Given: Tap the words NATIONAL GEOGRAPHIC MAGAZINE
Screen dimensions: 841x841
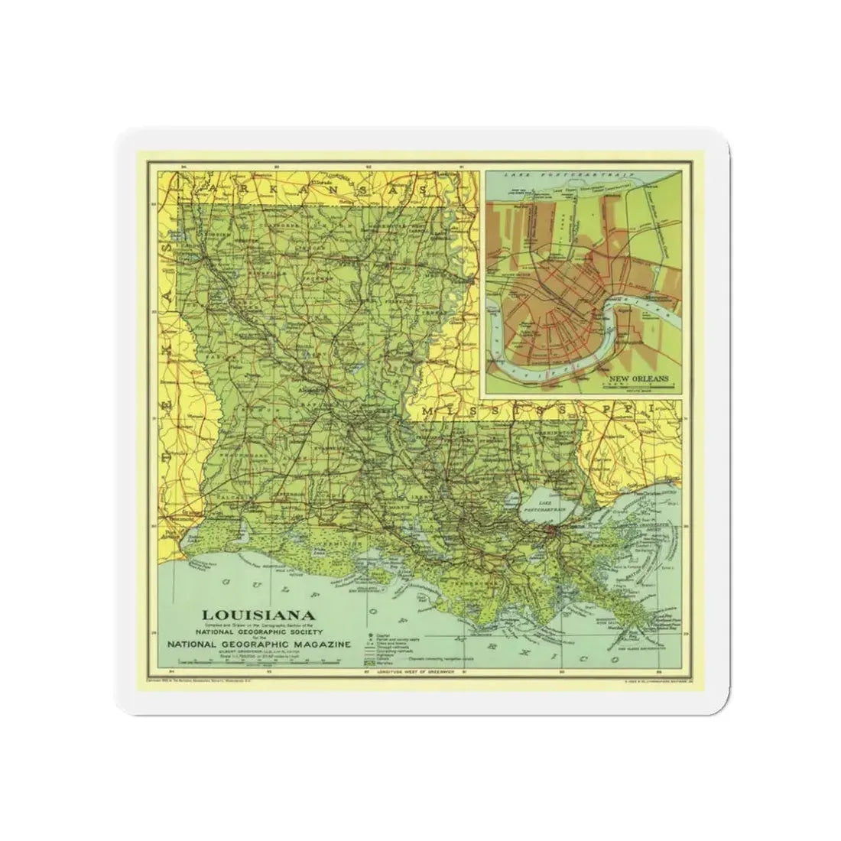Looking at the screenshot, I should point(259,644).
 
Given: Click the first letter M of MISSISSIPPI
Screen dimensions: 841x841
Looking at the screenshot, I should point(433,414).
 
